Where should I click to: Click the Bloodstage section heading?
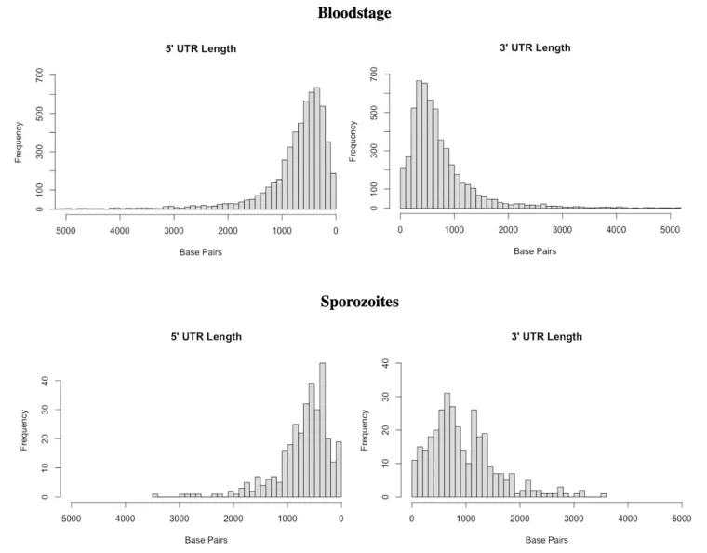(353, 13)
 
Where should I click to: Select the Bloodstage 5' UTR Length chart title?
(200, 48)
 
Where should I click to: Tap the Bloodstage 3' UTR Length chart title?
(535, 47)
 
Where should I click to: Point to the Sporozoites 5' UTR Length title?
(203, 336)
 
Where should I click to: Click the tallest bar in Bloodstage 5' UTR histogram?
(317, 149)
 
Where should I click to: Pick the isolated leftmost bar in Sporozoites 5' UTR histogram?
(155, 495)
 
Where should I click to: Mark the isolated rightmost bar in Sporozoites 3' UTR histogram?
(603, 495)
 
